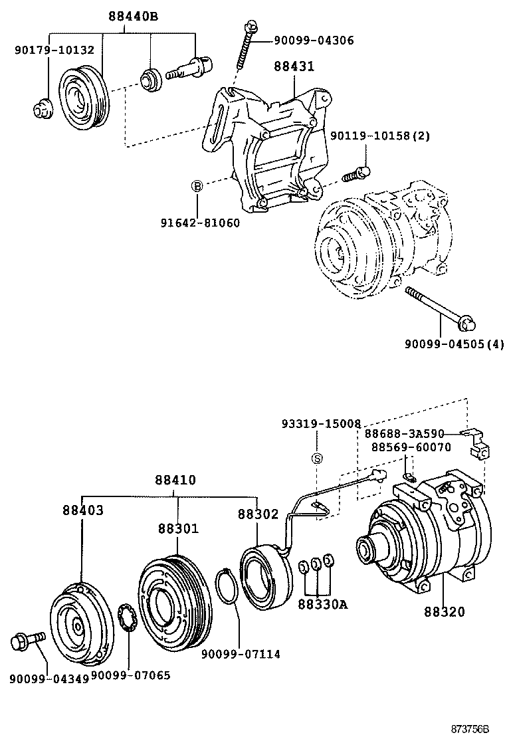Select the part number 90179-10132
click(x=54, y=50)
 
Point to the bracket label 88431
click(x=293, y=66)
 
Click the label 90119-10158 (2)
click(x=380, y=136)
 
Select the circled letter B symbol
click(x=197, y=186)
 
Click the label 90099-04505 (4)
click(x=454, y=344)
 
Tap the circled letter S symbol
click(x=318, y=459)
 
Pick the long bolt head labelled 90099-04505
click(x=466, y=324)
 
